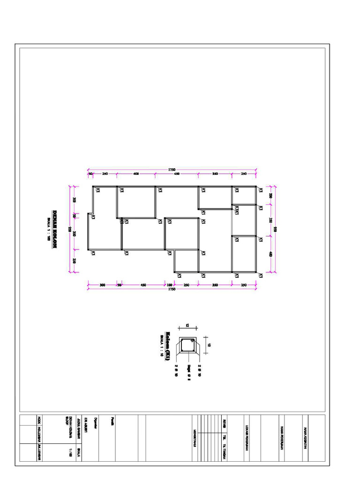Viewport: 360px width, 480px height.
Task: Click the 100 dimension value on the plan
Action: [x=170, y=284]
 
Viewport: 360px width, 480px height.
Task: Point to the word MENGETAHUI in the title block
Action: [x=194, y=438]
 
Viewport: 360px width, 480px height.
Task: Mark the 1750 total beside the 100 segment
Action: [x=172, y=289]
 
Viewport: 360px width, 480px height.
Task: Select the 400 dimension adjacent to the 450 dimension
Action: [x=135, y=174]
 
